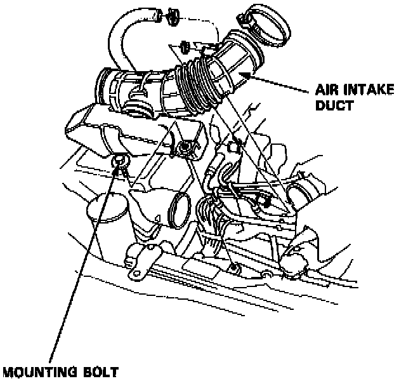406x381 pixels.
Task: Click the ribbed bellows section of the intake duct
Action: click(x=199, y=83)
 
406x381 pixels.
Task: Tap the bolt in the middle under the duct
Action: click(x=185, y=149)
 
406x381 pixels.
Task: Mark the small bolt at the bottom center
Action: click(x=235, y=270)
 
